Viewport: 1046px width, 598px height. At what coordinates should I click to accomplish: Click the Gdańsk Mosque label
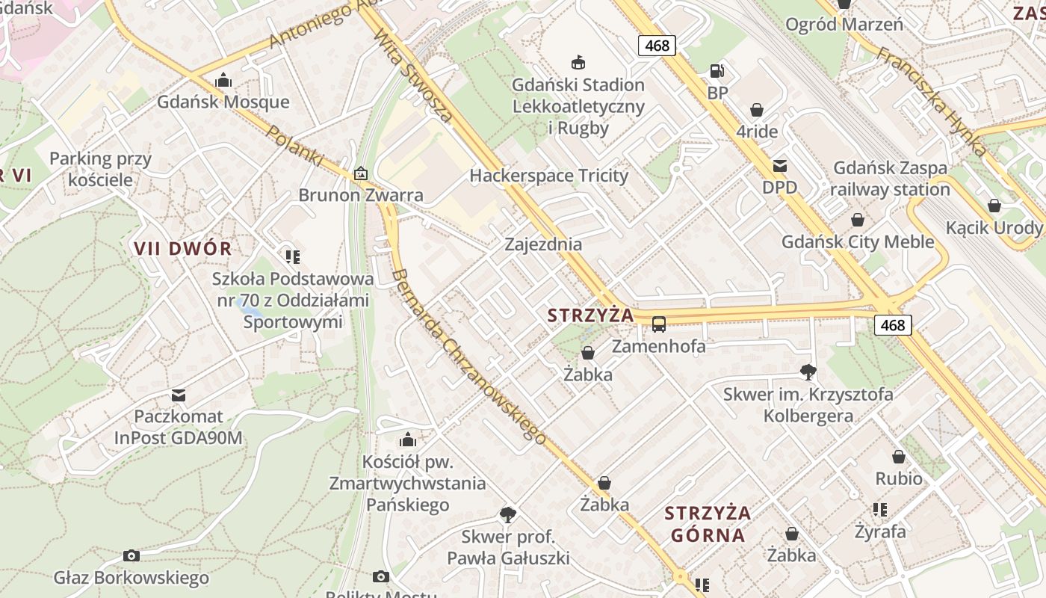tap(223, 102)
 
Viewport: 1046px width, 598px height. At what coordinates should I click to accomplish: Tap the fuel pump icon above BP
tap(717, 72)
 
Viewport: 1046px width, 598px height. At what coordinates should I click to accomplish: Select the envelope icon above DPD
tap(779, 166)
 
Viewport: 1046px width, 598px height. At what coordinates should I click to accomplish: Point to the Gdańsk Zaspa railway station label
tap(890, 179)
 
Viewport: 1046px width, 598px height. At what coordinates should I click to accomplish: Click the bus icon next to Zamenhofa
tap(659, 324)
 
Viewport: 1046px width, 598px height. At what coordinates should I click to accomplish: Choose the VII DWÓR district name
tap(183, 248)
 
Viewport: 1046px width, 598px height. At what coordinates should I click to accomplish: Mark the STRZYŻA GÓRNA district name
tap(708, 524)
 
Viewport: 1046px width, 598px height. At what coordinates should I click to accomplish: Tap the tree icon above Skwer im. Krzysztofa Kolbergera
tap(808, 372)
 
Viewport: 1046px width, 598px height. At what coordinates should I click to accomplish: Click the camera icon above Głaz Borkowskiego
tap(131, 556)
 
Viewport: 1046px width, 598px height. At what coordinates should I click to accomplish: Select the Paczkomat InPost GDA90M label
tap(179, 427)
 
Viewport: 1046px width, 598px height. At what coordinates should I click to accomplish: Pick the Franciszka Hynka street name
tap(931, 101)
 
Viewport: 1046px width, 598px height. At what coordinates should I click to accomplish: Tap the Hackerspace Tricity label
tap(548, 176)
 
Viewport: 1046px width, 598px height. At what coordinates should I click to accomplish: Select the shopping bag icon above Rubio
tap(899, 457)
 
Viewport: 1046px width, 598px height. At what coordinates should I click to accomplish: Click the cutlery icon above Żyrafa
tap(880, 510)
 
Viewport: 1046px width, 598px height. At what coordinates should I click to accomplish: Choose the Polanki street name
tap(295, 146)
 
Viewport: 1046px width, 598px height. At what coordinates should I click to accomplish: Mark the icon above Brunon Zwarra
tap(361, 173)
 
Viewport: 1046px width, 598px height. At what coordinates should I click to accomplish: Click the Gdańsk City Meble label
tap(858, 241)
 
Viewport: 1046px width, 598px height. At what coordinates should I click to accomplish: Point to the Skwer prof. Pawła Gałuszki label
tap(508, 547)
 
